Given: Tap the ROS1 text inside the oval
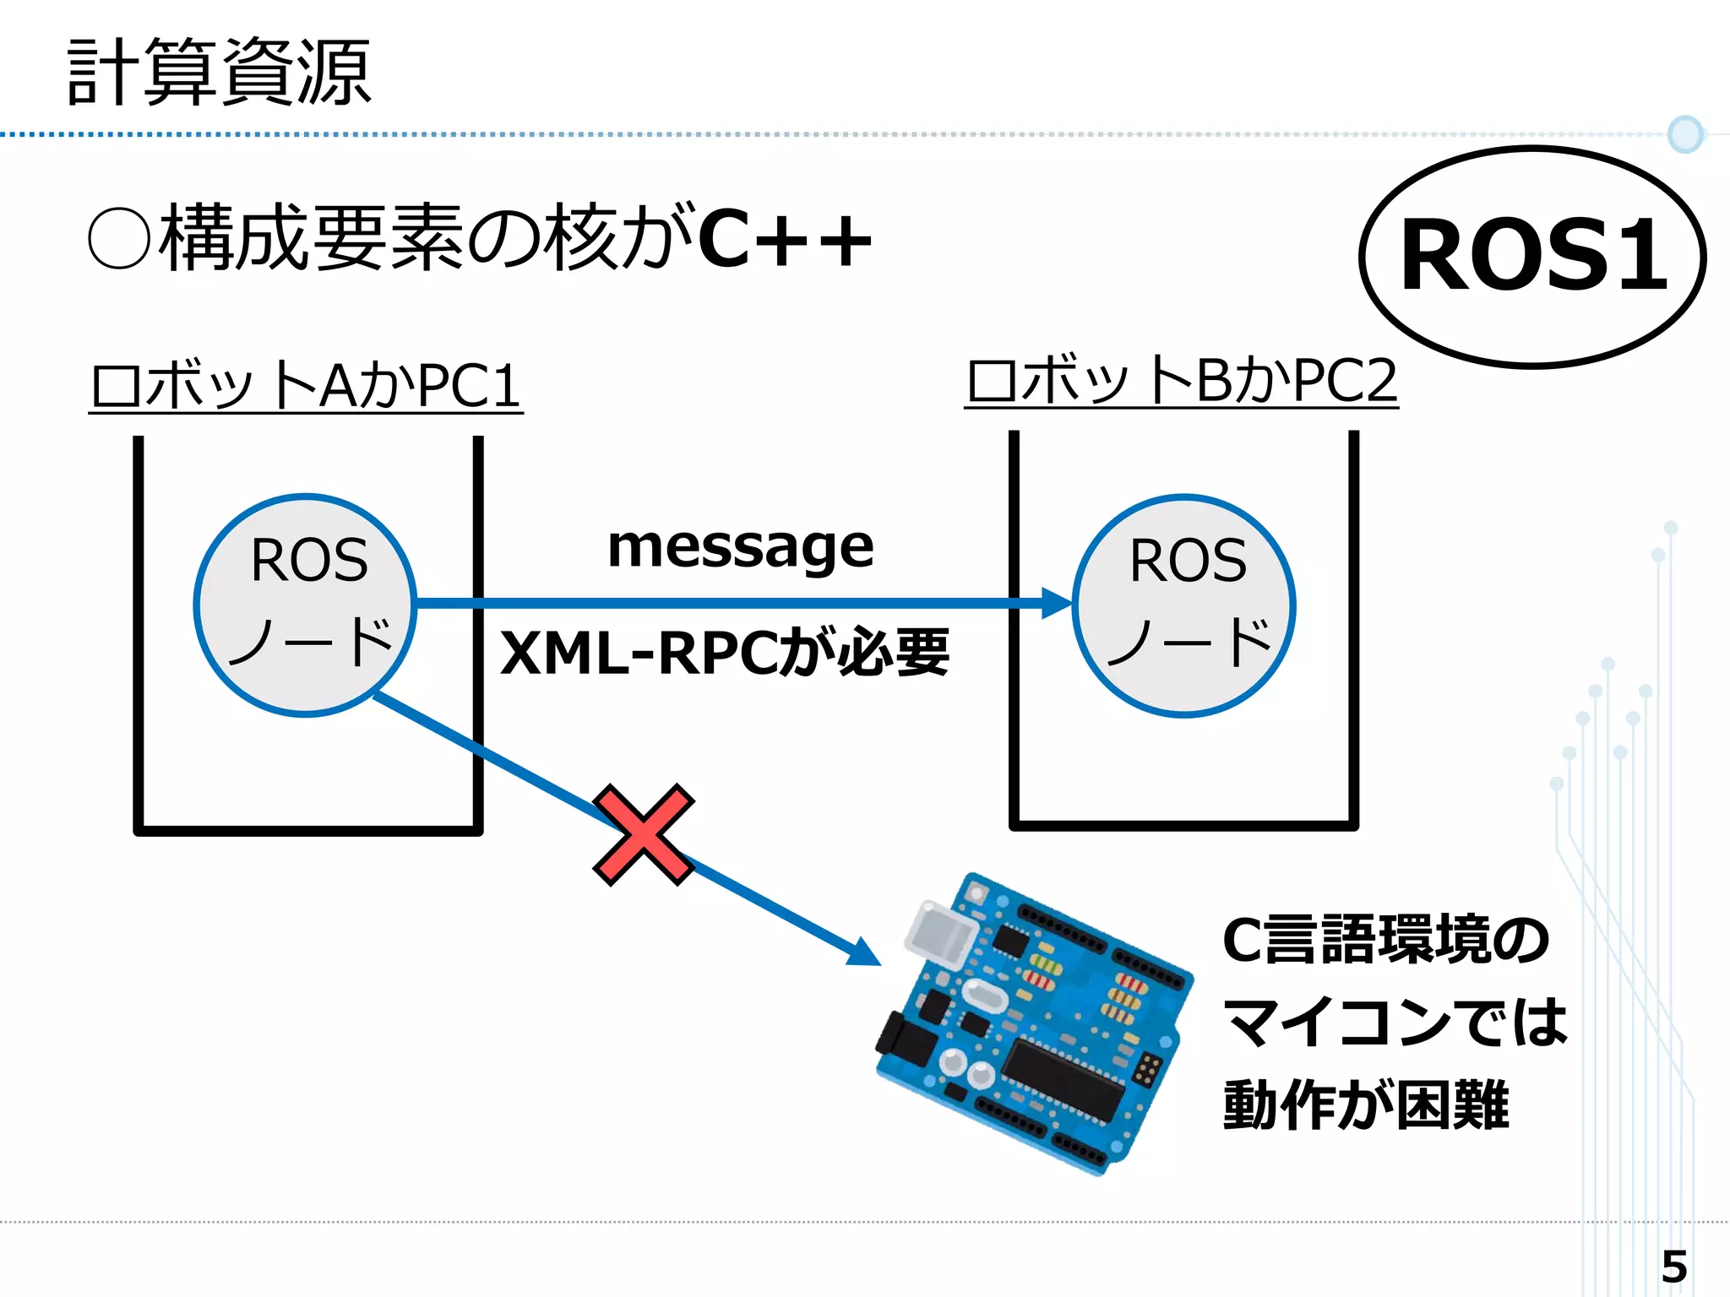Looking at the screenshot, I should (x=1533, y=255).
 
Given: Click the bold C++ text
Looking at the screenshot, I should (x=786, y=241).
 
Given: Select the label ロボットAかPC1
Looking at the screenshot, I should (x=306, y=386).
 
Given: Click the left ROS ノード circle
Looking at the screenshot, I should (x=306, y=605).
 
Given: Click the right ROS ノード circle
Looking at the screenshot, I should (x=1184, y=605).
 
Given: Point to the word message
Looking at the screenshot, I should (x=740, y=546).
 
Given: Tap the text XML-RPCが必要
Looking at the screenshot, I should (x=725, y=653).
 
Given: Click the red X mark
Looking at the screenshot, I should (x=644, y=834).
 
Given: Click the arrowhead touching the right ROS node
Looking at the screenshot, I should (x=1056, y=603).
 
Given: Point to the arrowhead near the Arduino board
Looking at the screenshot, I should (x=865, y=952).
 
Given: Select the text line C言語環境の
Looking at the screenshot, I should (x=1385, y=940).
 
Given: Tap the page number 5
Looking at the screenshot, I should (x=1673, y=1267).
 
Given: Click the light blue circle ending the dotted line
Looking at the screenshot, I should (x=1685, y=134).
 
